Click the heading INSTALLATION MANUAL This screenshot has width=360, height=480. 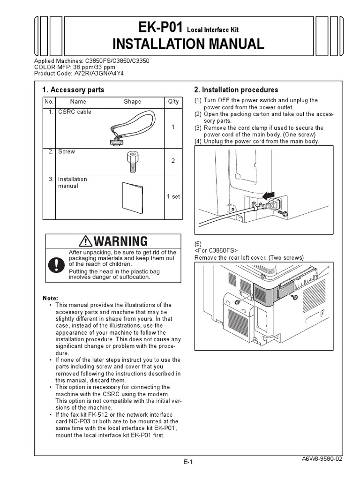click(188, 44)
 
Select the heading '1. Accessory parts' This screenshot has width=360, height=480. click(73, 90)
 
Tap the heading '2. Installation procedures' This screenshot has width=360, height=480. click(236, 90)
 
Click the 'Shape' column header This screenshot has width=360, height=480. click(132, 102)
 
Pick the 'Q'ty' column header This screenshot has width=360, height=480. click(172, 102)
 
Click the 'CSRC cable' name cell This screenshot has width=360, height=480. click(75, 112)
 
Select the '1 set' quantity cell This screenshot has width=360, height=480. click(173, 196)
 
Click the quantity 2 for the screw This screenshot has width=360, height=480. click(173, 161)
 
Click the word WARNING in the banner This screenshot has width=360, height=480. click(120, 241)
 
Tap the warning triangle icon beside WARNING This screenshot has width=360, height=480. click(86, 241)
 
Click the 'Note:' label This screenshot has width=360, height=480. click(51, 298)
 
